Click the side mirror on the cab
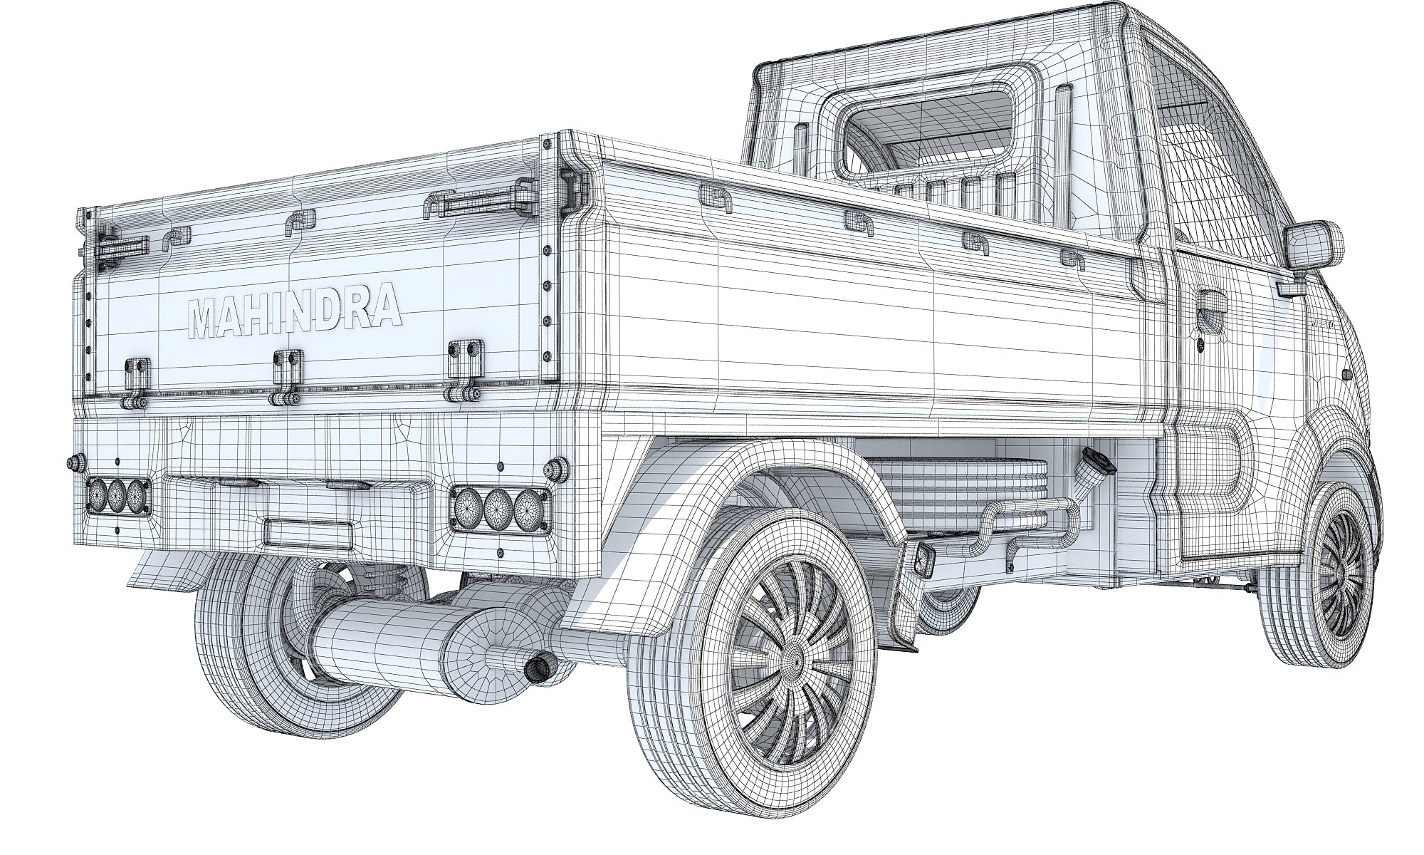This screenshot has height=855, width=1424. [x=1312, y=247]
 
